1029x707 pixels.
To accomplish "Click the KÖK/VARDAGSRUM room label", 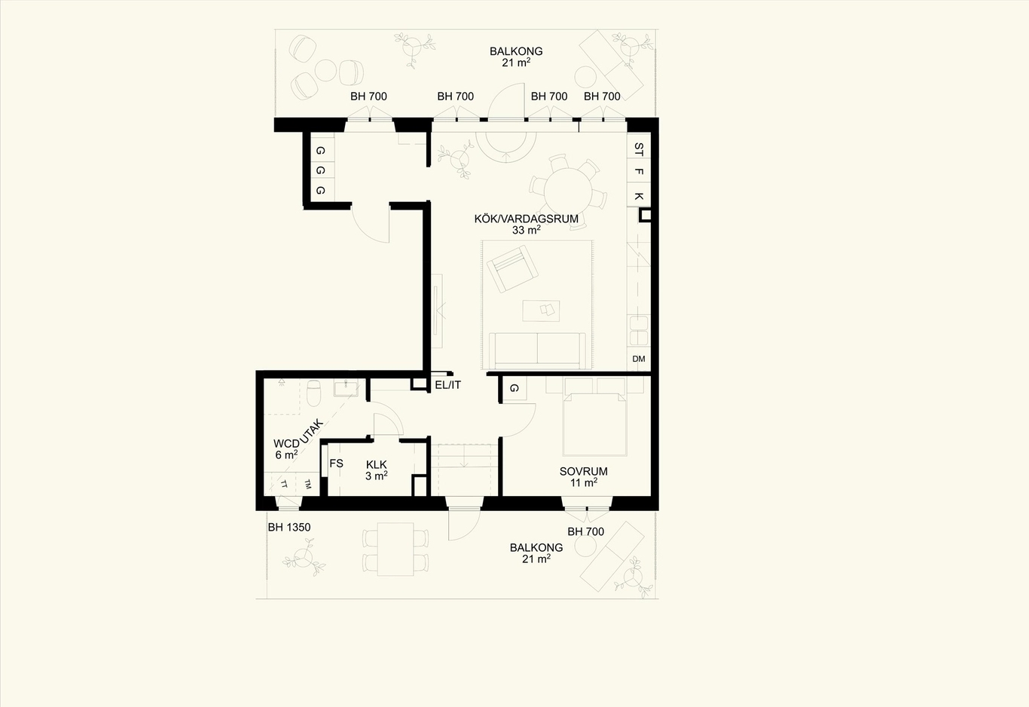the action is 526,219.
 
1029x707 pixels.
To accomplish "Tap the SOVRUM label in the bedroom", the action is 583,471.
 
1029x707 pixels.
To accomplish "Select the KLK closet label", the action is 376,465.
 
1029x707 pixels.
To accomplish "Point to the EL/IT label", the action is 448,385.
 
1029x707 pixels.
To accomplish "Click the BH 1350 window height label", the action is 289,528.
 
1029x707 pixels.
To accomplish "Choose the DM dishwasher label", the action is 639,359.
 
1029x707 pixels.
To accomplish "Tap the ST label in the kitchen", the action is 639,149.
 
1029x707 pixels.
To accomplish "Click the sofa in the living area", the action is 537,350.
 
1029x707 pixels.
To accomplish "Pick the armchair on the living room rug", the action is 512,268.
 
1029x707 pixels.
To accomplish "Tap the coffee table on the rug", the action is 541,311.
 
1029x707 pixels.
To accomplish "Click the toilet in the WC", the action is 314,393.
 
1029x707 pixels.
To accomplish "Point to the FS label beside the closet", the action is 336,464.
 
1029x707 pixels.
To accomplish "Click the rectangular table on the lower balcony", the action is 395,549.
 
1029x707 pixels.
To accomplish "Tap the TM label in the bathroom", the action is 308,484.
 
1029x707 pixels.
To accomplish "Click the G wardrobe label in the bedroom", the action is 514,388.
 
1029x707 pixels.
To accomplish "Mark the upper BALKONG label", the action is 516,51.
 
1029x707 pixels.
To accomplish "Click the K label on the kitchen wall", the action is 639,196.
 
